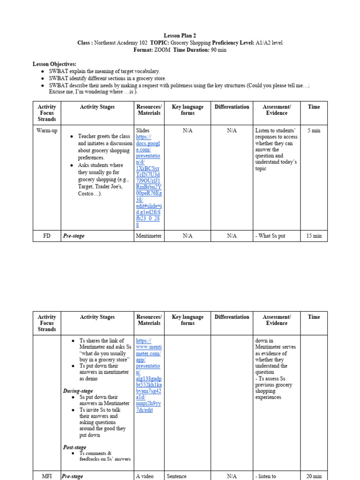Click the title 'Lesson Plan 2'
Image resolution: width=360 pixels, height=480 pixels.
click(180, 36)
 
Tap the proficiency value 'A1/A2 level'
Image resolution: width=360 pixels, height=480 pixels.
click(269, 43)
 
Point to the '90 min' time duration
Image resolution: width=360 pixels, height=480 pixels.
click(218, 50)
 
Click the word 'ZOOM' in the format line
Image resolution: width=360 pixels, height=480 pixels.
click(163, 50)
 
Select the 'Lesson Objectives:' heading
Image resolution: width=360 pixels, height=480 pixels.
click(54, 64)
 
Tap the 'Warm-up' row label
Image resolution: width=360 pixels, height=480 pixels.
click(47, 130)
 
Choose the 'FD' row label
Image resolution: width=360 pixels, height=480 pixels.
click(47, 236)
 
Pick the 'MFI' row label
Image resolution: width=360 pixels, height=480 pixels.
click(47, 476)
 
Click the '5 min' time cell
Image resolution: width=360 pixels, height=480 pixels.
click(314, 130)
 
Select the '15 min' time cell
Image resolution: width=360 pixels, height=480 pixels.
click(314, 236)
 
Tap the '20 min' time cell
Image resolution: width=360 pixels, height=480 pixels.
click(314, 476)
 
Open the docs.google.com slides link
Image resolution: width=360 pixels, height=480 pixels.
click(148, 180)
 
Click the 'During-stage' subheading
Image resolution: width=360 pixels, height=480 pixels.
click(78, 391)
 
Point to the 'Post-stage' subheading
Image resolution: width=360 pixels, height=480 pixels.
click(75, 447)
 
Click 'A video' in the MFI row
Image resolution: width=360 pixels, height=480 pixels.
click(145, 476)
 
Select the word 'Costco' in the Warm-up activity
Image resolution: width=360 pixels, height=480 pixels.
click(87, 194)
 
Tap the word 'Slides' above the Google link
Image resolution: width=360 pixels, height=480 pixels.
click(143, 130)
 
